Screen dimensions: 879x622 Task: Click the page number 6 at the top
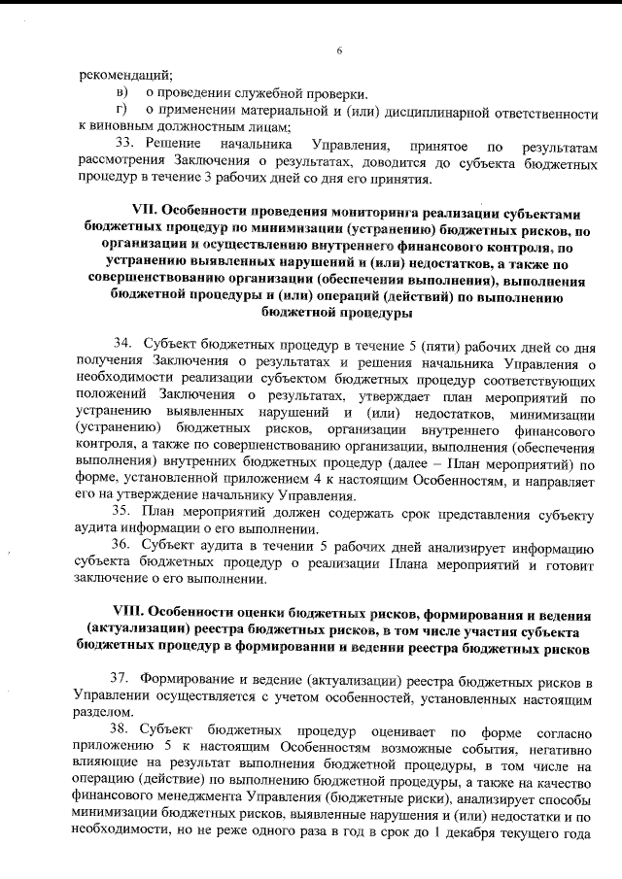(339, 51)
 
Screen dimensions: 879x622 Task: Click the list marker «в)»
(121, 94)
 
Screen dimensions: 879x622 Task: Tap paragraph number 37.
(123, 677)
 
